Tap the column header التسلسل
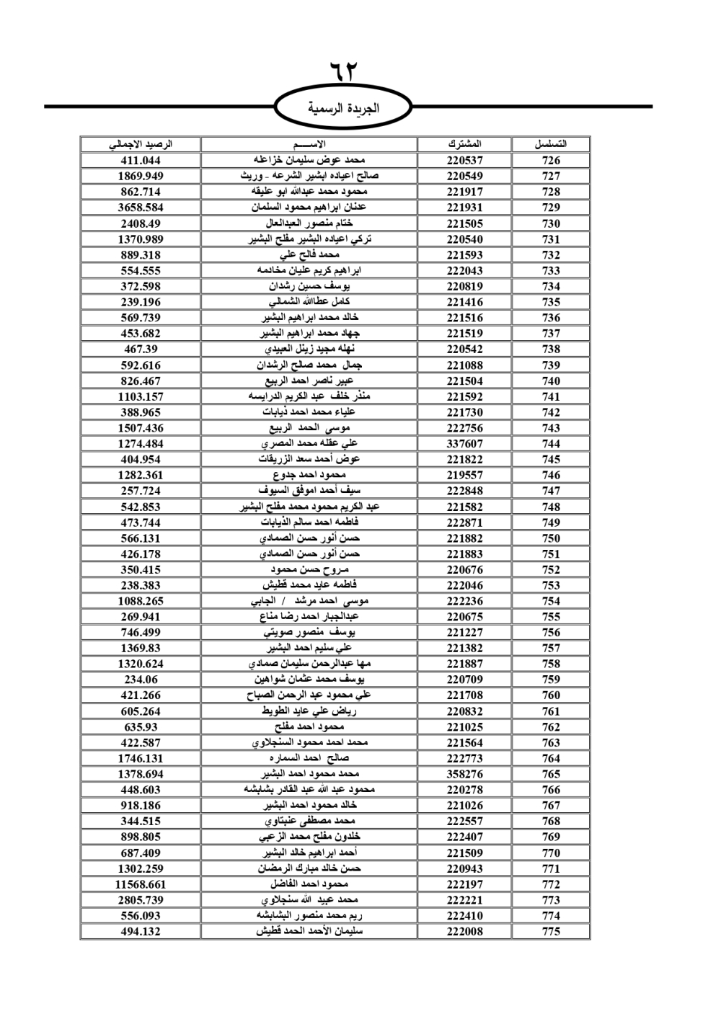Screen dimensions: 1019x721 (x=551, y=144)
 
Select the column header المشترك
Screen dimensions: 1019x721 (x=464, y=144)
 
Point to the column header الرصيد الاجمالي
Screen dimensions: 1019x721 (x=141, y=144)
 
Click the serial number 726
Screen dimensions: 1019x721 (x=551, y=161)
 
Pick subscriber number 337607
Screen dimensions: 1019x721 (x=464, y=444)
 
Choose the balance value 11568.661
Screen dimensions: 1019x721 (x=141, y=884)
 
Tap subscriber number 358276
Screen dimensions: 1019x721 (x=464, y=774)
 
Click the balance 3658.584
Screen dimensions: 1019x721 (x=141, y=208)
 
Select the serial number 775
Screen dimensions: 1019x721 (x=551, y=931)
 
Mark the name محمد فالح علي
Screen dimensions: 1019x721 (x=309, y=255)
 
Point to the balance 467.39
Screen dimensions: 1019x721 (x=141, y=350)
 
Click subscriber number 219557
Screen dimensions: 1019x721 (x=464, y=476)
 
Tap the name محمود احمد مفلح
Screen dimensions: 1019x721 (x=309, y=727)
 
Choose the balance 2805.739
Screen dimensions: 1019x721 (x=141, y=900)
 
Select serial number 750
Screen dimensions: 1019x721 (x=551, y=538)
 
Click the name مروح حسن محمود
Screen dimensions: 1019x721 (x=309, y=569)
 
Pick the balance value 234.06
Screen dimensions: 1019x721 (x=141, y=680)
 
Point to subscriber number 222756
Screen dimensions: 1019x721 (x=464, y=428)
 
